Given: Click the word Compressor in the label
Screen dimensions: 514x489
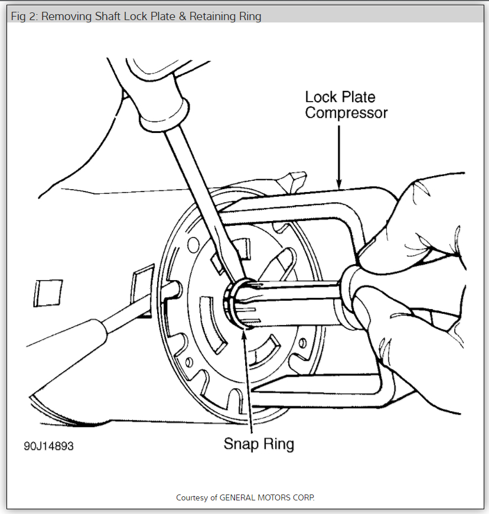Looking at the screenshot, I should [346, 112].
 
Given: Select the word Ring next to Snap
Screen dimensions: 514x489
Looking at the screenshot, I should [278, 444].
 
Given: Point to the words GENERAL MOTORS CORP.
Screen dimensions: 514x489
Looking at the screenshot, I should [267, 497].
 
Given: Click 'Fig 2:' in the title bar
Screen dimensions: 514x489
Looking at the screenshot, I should [24, 17].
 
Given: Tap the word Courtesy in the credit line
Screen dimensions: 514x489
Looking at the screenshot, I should [192, 497].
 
